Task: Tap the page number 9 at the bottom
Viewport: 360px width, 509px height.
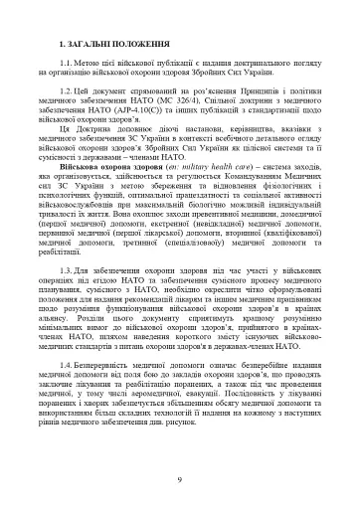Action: point(180,479)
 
